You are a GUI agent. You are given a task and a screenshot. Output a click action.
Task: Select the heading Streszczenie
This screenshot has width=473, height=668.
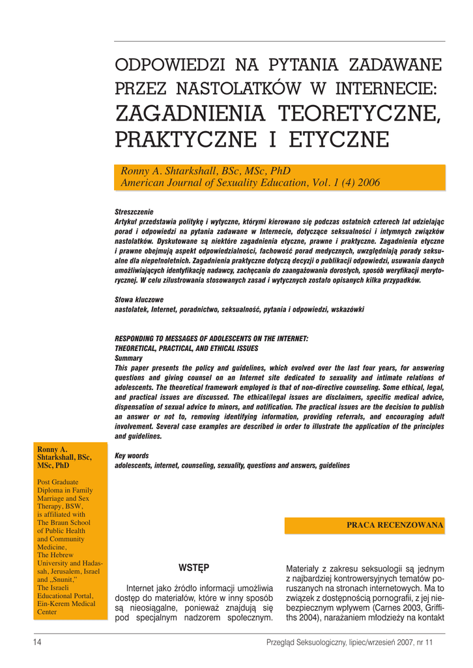pos(134,213)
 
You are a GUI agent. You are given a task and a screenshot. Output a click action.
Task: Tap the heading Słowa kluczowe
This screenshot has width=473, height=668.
pos(139,299)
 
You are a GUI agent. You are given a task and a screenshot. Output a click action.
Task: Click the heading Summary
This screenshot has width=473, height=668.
pos(128,358)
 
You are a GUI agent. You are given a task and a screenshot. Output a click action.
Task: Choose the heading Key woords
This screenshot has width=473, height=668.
pos(132,456)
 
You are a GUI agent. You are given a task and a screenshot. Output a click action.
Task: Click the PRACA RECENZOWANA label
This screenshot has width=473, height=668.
pos(395,524)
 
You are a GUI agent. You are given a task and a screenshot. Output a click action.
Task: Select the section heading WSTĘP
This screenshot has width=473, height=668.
pos(193,567)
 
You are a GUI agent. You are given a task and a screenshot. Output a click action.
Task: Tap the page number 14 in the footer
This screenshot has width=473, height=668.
pos(38,643)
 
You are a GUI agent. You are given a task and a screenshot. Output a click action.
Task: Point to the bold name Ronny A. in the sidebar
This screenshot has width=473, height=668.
pos(52,449)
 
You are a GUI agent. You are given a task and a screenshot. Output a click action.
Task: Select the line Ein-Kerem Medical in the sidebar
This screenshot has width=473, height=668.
pos(66,603)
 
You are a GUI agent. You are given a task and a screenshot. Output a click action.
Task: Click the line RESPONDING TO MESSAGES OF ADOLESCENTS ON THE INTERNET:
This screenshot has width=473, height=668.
pos(212,339)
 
